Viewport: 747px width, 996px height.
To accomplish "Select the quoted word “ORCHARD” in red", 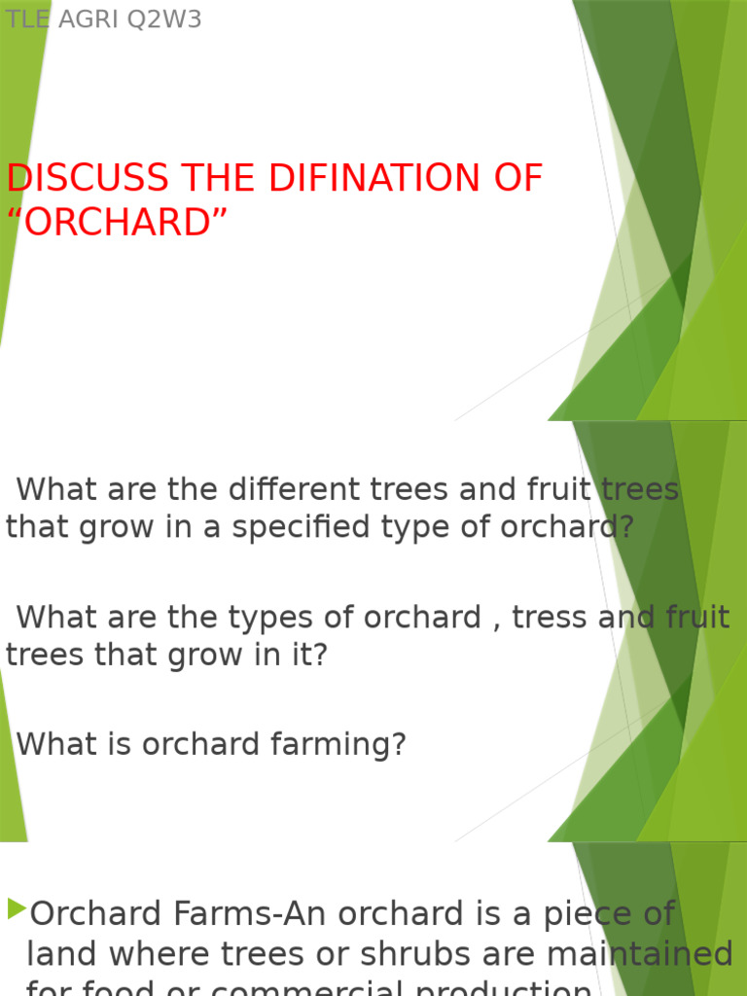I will coord(117,223).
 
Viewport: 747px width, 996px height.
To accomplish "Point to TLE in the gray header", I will coord(27,19).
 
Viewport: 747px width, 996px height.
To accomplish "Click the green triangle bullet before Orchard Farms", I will coord(17,910).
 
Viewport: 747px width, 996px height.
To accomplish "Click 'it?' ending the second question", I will coord(309,656).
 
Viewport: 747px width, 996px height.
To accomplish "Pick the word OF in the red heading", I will coord(515,179).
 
